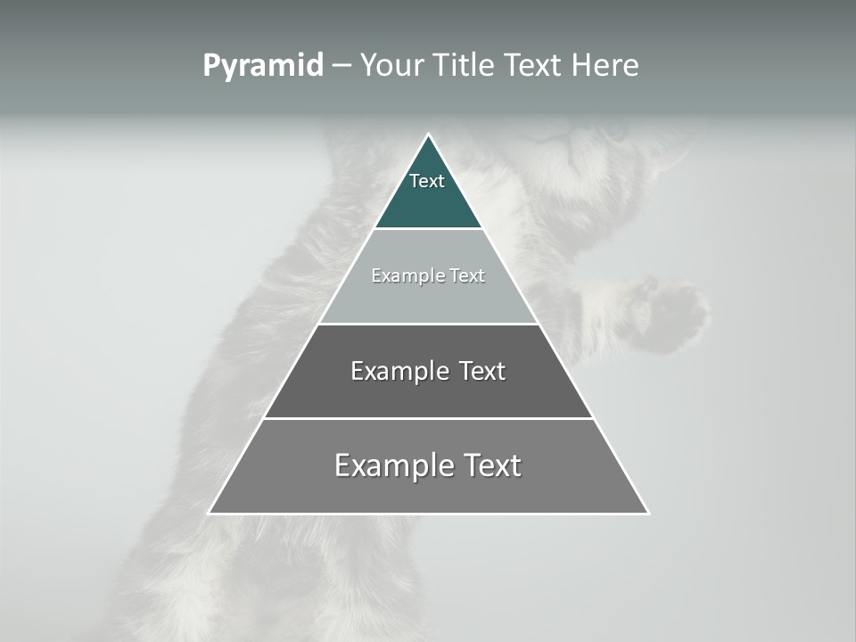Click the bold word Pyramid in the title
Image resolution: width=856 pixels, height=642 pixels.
[263, 66]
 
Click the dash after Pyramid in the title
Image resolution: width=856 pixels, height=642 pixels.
[342, 66]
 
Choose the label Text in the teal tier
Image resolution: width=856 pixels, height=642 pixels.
[427, 181]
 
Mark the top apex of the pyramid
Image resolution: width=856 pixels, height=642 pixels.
[428, 135]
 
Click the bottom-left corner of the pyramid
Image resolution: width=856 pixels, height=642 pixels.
[210, 513]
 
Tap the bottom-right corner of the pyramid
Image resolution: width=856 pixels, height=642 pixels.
[648, 513]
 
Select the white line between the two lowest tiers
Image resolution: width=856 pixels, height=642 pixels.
[428, 418]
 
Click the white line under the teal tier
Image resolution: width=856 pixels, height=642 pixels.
[428, 229]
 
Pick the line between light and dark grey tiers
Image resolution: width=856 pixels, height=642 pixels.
[428, 324]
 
